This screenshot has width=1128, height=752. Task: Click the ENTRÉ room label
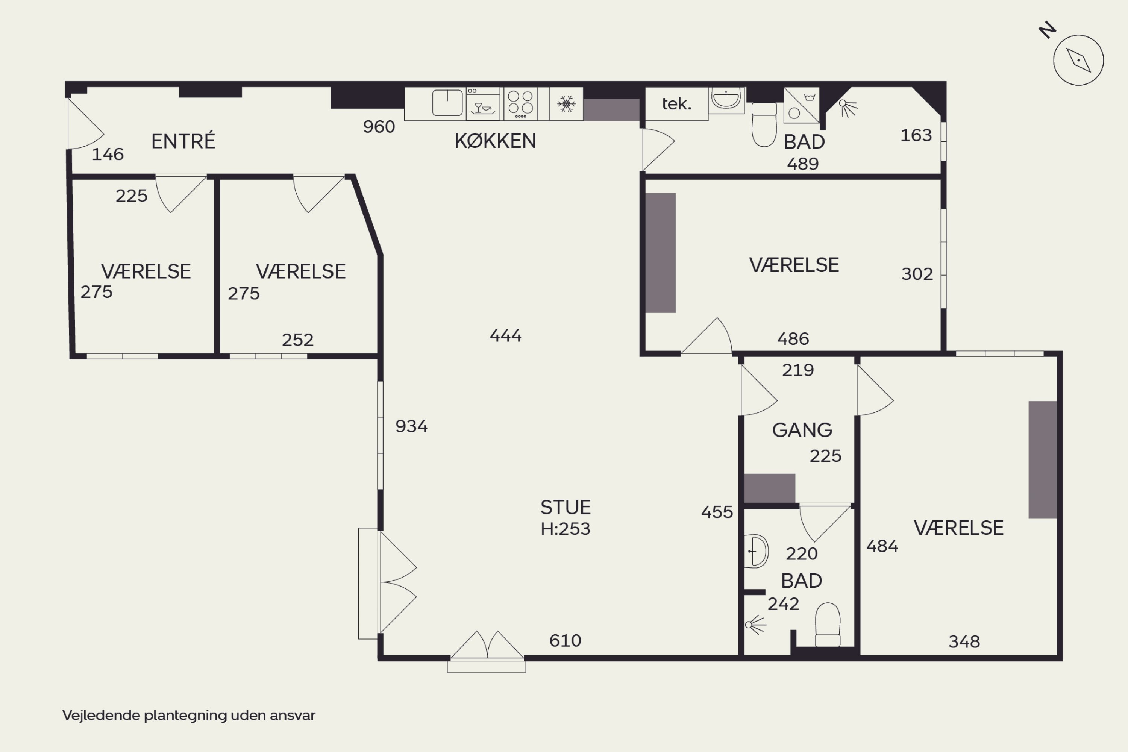coord(183,141)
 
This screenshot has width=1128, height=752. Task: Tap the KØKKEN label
coord(495,141)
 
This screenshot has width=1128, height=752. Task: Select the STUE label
coord(566,507)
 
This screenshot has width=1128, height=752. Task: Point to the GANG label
coord(802,430)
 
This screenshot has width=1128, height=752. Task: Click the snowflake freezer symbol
coord(566,104)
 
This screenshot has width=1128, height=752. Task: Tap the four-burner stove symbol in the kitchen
coord(520,104)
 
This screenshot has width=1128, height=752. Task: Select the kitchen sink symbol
coord(447,103)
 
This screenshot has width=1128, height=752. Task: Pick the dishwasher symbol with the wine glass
coord(483,104)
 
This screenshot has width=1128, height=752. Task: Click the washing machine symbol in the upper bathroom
coord(801,105)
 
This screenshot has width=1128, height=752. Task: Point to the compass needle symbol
coord(1079,61)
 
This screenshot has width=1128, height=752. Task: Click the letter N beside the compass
coord(1048,30)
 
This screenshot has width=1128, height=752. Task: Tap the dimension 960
coord(379,127)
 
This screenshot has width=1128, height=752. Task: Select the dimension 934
coord(411,426)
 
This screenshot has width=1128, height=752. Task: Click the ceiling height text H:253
coord(566,529)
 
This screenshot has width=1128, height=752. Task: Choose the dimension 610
coord(566,641)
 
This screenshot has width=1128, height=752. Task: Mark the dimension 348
coord(964,642)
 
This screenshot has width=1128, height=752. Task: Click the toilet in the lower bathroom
coord(828,625)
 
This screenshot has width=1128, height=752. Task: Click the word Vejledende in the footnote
coord(101,716)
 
